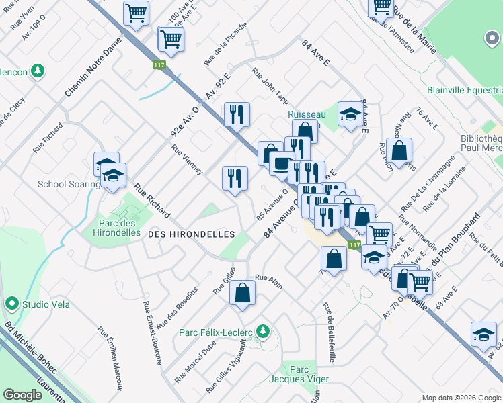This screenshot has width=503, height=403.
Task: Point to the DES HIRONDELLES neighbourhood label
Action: click(x=191, y=234)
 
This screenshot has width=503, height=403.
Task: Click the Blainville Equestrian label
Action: click(x=465, y=90)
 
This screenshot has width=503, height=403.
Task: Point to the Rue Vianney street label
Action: click(x=187, y=160)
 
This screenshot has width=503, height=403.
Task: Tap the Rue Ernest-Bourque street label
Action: click(x=152, y=333)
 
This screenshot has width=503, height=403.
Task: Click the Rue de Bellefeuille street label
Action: click(x=330, y=333)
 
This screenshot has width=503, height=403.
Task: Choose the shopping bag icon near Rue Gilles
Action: click(x=243, y=292)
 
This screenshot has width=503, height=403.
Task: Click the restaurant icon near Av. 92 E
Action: click(x=236, y=114)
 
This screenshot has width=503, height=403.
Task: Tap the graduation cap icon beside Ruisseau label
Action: click(x=350, y=114)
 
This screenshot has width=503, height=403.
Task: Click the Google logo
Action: click(x=22, y=395)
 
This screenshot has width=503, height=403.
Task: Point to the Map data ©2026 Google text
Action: click(x=461, y=398)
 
